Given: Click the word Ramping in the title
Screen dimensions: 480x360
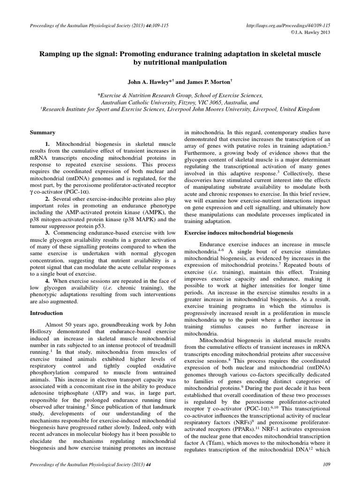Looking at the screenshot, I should pyautogui.click(x=55, y=54).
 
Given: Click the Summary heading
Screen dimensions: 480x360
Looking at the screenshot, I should pyautogui.click(x=43, y=133).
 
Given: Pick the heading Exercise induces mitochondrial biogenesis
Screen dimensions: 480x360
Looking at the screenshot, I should pyautogui.click(x=239, y=232).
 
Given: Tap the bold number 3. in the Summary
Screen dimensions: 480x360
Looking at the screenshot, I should pyautogui.click(x=48, y=232).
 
